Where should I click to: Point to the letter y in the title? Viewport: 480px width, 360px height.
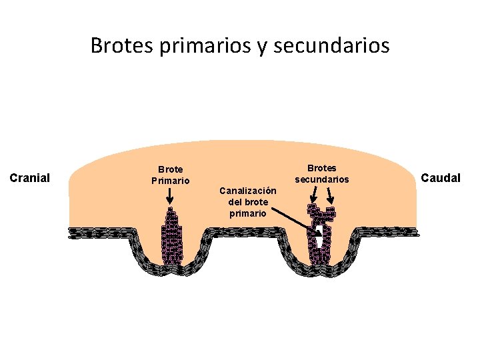261,47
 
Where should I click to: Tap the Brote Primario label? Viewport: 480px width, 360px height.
170,175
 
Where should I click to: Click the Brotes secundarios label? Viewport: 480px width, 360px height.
322,173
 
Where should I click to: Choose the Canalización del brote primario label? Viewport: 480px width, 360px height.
248,202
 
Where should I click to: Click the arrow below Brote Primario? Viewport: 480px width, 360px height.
170,195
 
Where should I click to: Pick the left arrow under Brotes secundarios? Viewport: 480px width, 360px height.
315,194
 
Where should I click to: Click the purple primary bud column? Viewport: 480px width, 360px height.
171,237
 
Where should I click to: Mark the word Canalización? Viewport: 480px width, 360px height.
248,191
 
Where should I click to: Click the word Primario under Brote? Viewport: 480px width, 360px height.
170,180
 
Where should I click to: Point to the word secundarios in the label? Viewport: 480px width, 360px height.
322,179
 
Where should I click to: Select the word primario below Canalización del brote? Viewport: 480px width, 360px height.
248,213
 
